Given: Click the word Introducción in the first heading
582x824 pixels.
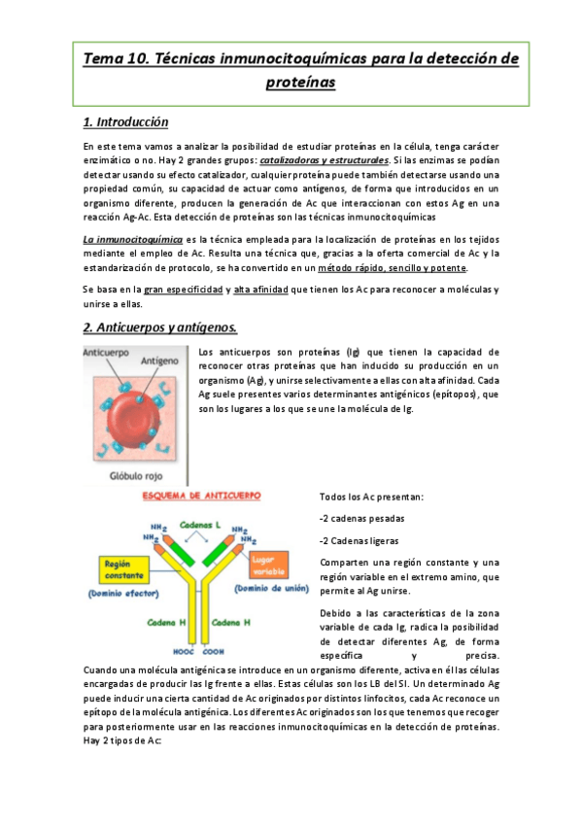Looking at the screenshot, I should (133, 122).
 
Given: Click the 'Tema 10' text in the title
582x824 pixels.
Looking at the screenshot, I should (111, 59).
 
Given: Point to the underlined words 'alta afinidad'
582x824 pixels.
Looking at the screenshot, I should (264, 289).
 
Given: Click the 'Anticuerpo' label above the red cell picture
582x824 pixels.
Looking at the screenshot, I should (110, 352).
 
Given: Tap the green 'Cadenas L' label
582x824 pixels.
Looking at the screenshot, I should (201, 524).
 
